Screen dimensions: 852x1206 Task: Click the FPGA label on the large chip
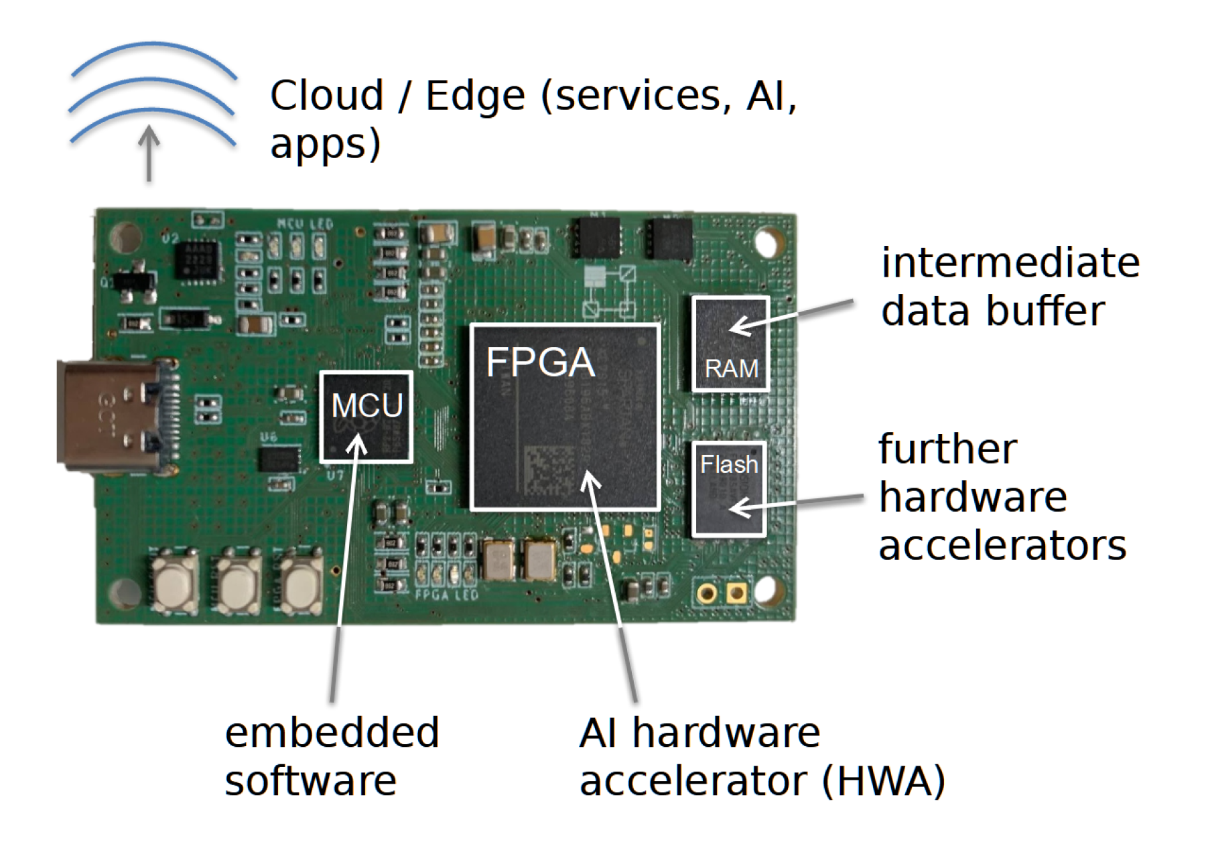pyautogui.click(x=540, y=362)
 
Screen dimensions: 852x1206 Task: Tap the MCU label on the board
pyautogui.click(x=367, y=405)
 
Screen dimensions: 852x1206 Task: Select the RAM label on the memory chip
pyautogui.click(x=731, y=368)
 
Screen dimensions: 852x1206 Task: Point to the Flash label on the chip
pyautogui.click(x=729, y=464)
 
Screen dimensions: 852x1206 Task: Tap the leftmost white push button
pyautogui.click(x=176, y=582)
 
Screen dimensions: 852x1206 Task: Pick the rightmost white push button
pyautogui.click(x=301, y=582)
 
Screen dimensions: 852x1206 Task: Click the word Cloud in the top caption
pyautogui.click(x=327, y=95)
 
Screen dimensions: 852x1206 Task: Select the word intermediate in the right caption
pyautogui.click(x=1010, y=262)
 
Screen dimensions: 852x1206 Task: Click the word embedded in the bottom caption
pyautogui.click(x=332, y=732)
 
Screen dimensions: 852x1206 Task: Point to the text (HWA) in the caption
pyautogui.click(x=883, y=781)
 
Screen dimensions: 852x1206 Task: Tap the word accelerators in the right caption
pyautogui.click(x=1002, y=545)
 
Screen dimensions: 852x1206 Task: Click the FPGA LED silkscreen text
pyautogui.click(x=446, y=594)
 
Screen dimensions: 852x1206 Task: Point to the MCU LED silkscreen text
pyautogui.click(x=305, y=223)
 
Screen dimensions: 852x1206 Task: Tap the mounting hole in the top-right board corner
pyautogui.click(x=768, y=242)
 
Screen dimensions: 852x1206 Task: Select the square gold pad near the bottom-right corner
pyautogui.click(x=736, y=593)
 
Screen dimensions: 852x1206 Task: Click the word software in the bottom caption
pyautogui.click(x=310, y=781)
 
